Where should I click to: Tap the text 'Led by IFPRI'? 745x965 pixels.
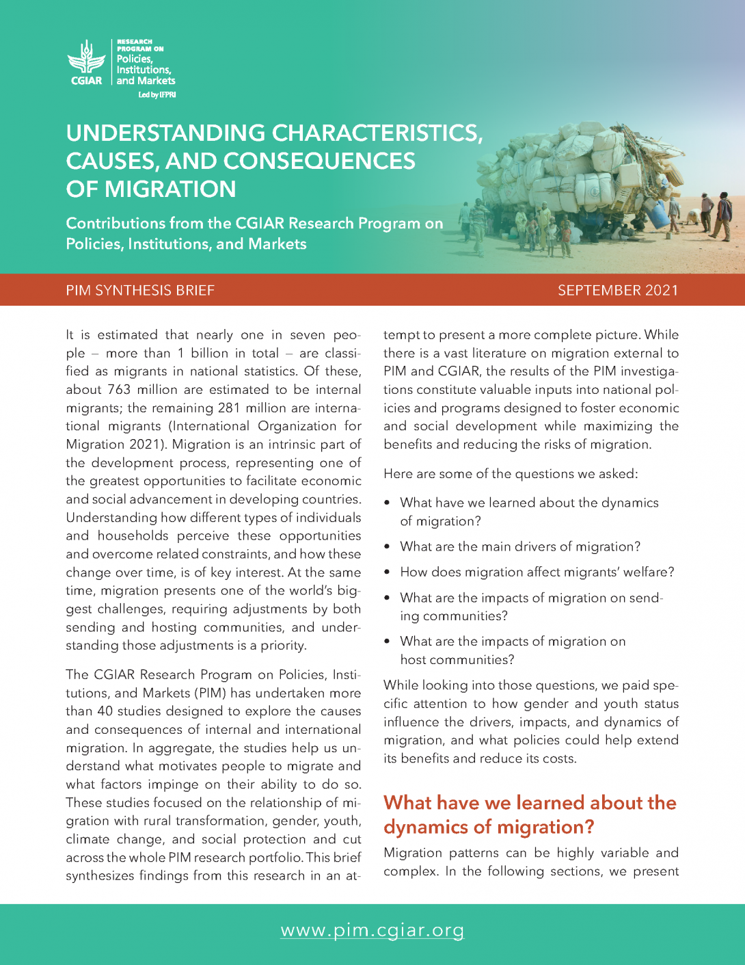pos(157,95)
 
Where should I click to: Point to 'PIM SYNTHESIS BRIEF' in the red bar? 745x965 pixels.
pos(140,291)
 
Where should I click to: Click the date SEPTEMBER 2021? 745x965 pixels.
pos(618,291)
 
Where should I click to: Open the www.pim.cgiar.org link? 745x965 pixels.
pos(372,931)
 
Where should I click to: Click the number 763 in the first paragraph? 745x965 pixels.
pos(119,390)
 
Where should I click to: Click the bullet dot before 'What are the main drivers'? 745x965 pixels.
pos(388,547)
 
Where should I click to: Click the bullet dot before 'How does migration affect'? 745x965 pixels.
pos(388,572)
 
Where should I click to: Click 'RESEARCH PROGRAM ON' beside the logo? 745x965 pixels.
pos(140,45)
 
